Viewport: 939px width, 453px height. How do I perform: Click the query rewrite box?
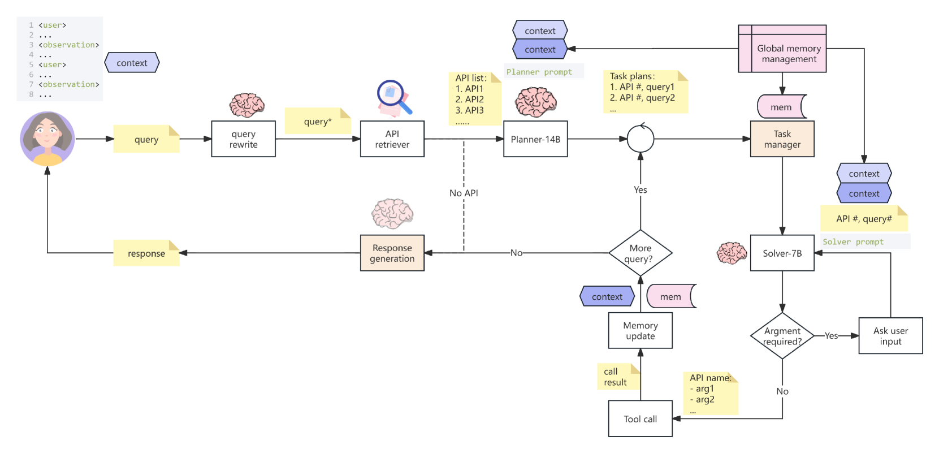click(243, 139)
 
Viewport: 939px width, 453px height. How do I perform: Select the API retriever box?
click(392, 139)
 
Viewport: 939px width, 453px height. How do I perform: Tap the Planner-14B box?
click(535, 139)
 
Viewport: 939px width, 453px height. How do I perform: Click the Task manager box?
click(782, 139)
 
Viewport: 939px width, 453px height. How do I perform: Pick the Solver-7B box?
click(782, 253)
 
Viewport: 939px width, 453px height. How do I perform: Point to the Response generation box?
click(392, 253)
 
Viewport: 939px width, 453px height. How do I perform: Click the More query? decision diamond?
click(640, 253)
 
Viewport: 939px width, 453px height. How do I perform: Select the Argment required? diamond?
click(782, 335)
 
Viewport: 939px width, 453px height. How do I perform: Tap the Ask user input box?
click(890, 335)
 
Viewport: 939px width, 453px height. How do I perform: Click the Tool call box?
click(640, 419)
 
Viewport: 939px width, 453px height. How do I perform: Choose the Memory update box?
click(640, 330)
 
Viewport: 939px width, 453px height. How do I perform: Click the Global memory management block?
click(782, 49)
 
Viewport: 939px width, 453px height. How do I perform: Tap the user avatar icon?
click(47, 139)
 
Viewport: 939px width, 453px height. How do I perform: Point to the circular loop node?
click(640, 139)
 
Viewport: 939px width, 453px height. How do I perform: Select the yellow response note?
click(146, 253)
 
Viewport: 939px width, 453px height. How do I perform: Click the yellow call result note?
click(618, 377)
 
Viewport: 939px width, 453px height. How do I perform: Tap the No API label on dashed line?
click(464, 193)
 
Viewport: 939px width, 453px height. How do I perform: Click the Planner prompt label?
click(539, 72)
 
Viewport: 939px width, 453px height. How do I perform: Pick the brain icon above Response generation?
click(392, 214)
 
